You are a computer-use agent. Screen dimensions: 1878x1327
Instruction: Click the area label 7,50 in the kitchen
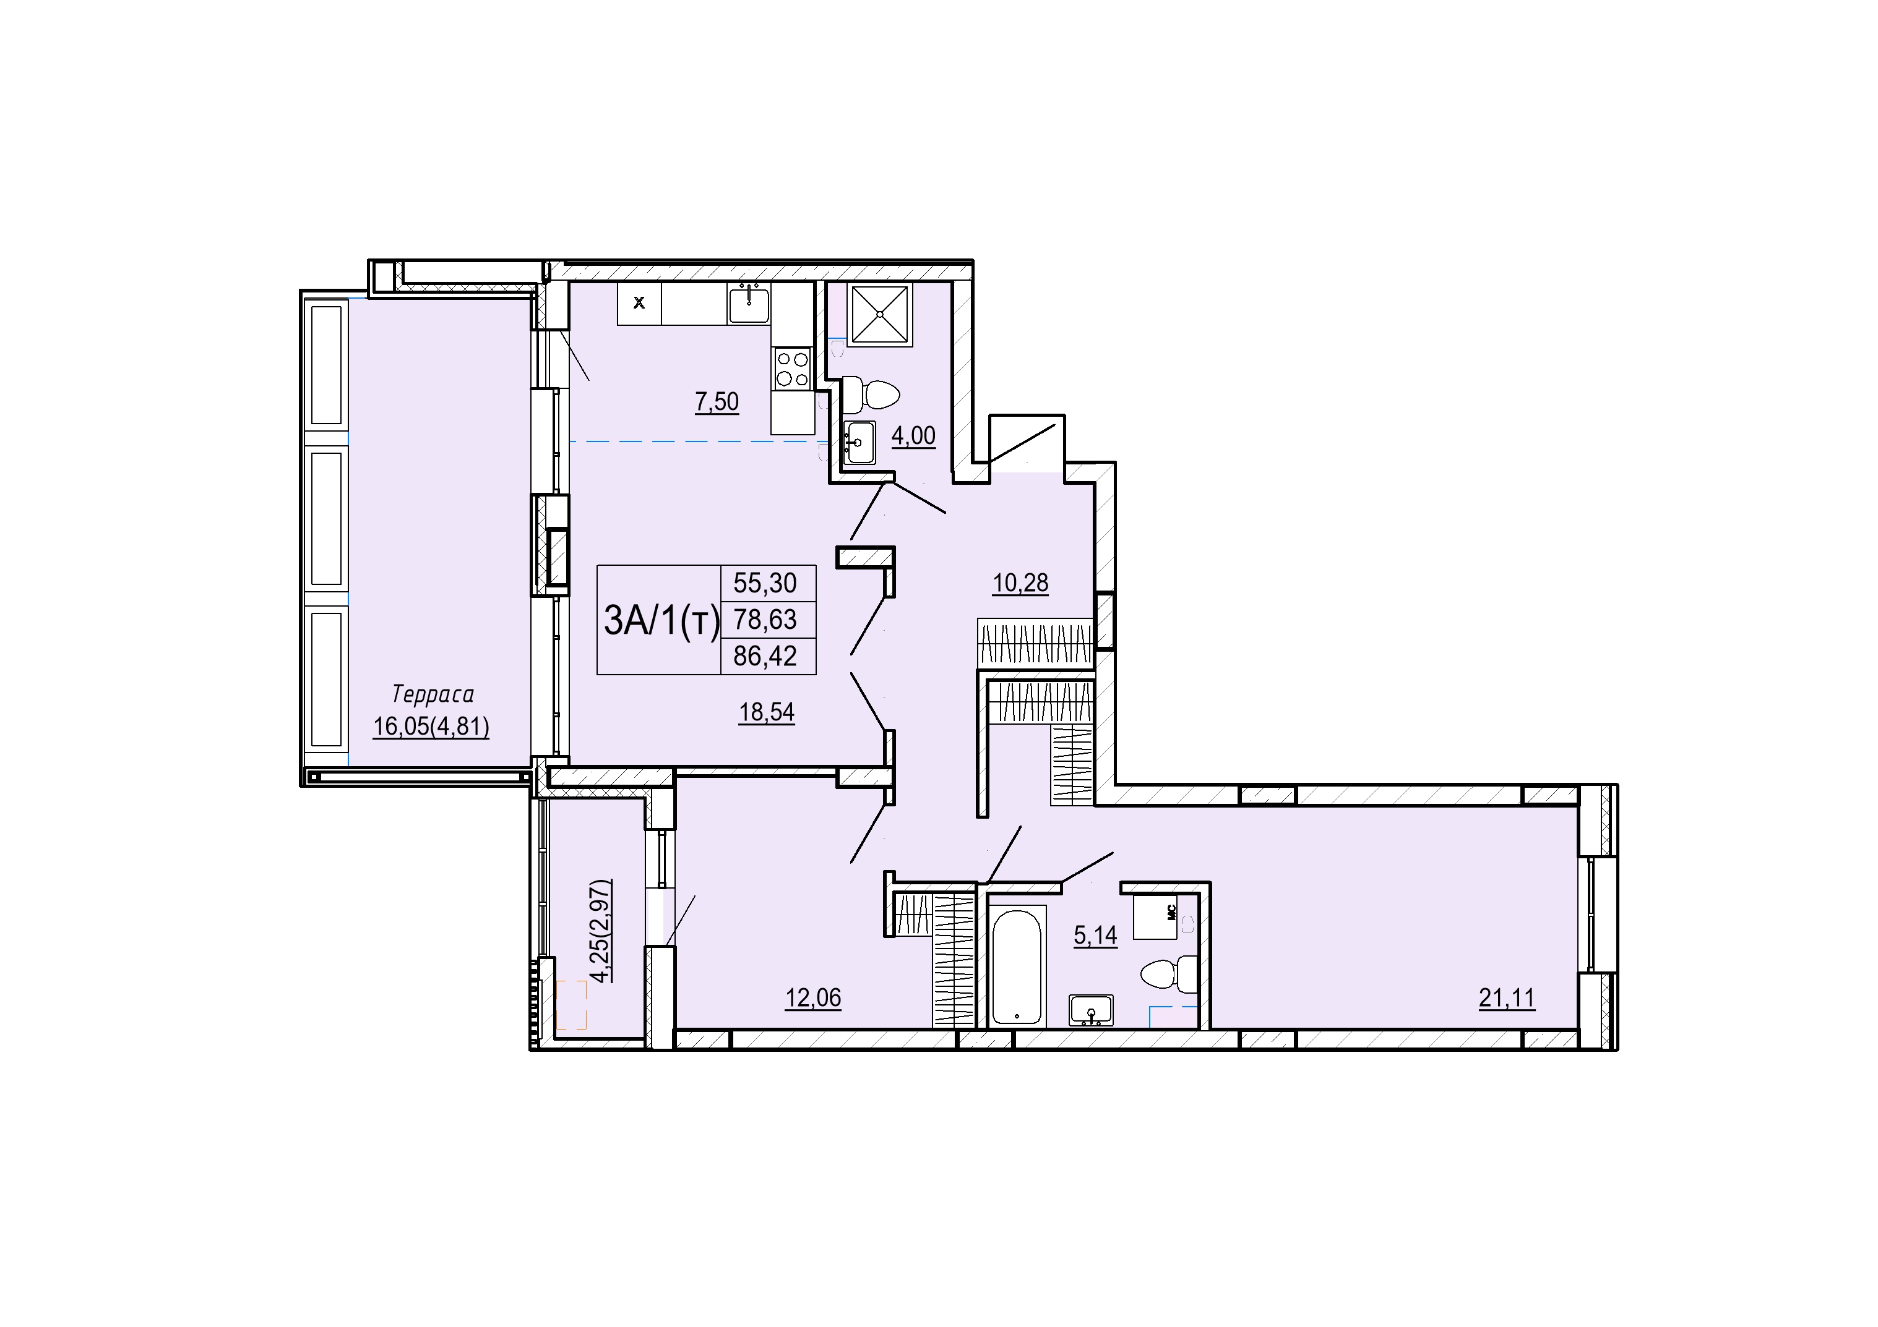(717, 403)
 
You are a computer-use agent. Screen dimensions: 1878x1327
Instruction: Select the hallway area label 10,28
(1020, 584)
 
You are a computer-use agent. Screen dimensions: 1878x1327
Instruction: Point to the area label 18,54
(767, 713)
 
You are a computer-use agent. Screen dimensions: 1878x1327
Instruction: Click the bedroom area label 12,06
(813, 998)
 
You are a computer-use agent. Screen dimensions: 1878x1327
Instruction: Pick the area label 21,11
(1507, 998)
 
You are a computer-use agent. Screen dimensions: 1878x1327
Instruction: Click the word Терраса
(433, 695)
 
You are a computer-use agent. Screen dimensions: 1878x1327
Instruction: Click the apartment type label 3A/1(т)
(661, 621)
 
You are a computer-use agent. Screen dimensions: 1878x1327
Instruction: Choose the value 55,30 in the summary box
(765, 583)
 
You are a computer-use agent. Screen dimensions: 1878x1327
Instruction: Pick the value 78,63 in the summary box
(765, 620)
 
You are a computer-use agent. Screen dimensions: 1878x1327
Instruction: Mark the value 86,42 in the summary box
(765, 655)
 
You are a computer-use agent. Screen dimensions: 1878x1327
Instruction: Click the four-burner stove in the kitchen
(792, 369)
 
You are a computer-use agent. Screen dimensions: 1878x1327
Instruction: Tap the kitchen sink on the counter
(749, 304)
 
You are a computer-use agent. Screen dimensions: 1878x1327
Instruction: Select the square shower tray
(879, 314)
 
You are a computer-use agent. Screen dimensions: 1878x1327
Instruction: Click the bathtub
(1017, 967)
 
